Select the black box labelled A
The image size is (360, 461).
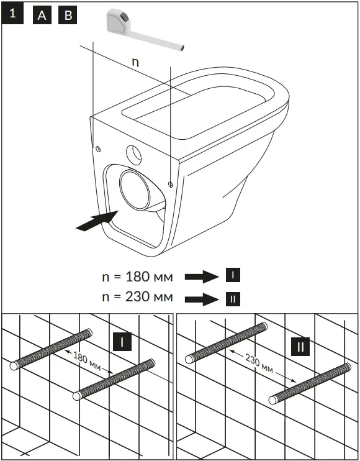click(x=42, y=15)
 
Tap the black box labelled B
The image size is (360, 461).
click(x=68, y=15)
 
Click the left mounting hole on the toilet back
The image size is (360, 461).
click(x=98, y=148)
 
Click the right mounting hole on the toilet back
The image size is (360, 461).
click(x=170, y=183)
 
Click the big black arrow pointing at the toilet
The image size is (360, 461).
click(x=96, y=221)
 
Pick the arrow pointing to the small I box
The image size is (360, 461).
click(x=202, y=276)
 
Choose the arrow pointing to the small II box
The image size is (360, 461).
click(x=202, y=298)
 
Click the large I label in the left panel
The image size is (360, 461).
click(x=123, y=342)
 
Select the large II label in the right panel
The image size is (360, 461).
click(x=300, y=346)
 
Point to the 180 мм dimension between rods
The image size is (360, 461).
click(x=86, y=361)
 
